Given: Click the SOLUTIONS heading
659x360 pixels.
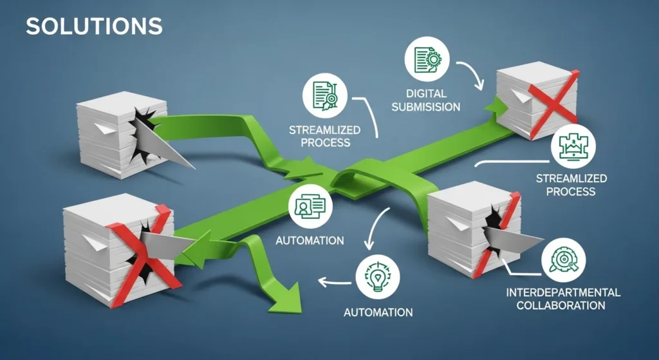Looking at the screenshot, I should coord(94,26).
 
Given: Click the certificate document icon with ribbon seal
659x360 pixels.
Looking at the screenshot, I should coord(325,97).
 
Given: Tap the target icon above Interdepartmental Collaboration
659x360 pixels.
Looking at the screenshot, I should coord(564,260).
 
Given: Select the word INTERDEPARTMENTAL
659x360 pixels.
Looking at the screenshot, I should coord(563,292).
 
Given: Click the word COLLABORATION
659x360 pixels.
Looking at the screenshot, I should coord(563,305).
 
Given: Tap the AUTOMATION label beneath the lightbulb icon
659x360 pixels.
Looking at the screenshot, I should coord(378,313).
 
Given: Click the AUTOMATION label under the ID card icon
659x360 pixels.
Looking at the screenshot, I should coord(310,241).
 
